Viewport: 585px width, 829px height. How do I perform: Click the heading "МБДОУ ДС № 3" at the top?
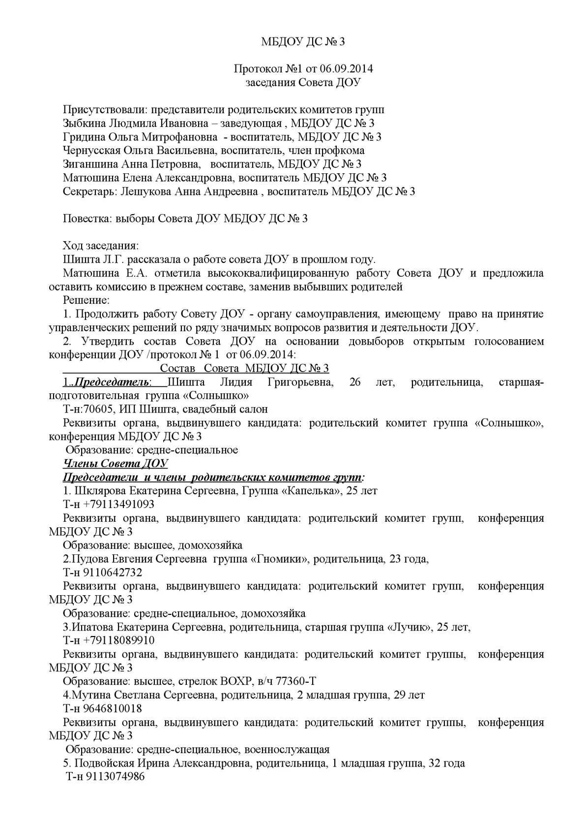pyautogui.click(x=303, y=42)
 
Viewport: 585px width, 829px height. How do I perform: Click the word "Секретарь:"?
pyautogui.click(x=90, y=191)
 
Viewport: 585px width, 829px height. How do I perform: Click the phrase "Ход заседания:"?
pyautogui.click(x=101, y=246)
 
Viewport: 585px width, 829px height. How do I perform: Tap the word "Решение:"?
pyautogui.click(x=87, y=300)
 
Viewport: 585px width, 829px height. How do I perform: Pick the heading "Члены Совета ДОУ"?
pyautogui.click(x=116, y=463)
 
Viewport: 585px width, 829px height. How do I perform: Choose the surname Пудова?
pyautogui.click(x=88, y=559)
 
